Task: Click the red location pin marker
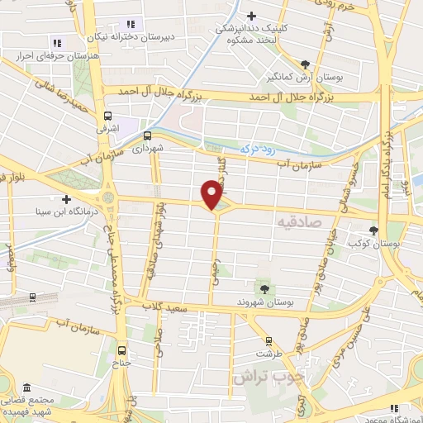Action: coord(212,193)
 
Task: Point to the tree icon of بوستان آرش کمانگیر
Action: coord(306,64)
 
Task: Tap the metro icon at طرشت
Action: coord(267,340)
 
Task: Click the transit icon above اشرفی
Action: coord(107,116)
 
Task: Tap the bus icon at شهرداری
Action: coord(148,135)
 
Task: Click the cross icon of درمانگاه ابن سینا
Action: coord(65,199)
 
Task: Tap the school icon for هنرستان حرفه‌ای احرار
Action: coord(56,43)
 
